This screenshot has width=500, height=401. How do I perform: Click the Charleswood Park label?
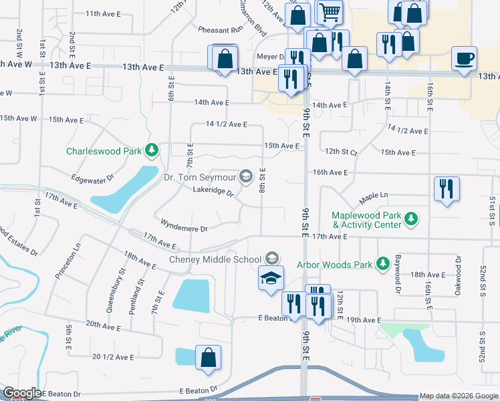click(104, 151)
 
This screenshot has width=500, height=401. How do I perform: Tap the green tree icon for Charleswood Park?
click(152, 150)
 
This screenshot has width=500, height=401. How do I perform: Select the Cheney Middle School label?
click(215, 259)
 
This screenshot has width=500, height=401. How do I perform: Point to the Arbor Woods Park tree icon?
click(383, 264)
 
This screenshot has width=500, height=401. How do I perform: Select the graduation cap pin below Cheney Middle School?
click(271, 278)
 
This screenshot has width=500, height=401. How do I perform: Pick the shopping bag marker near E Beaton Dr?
click(208, 357)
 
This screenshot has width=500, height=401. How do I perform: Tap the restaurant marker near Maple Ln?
click(446, 188)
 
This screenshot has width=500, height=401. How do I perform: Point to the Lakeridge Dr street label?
click(213, 192)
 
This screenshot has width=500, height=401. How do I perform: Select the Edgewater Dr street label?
click(93, 178)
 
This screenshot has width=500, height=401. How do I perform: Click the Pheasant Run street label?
click(219, 30)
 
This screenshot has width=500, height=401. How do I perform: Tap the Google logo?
click(21, 393)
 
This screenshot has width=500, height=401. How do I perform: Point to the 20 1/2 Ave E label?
click(114, 358)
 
